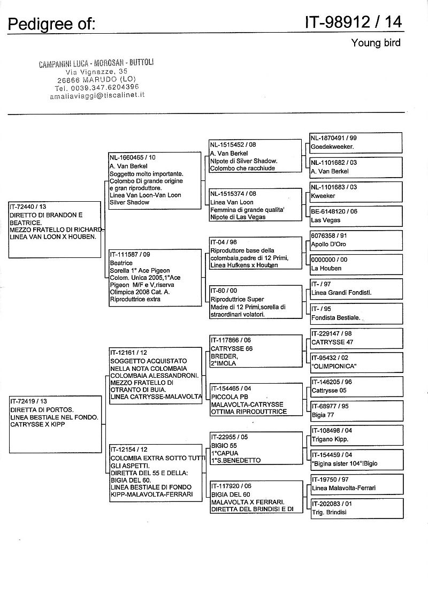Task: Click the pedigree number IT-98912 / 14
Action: pyautogui.click(x=353, y=22)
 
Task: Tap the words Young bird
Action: pyautogui.click(x=376, y=43)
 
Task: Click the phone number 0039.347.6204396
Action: pyautogui.click(x=105, y=87)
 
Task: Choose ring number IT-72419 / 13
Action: pyautogui.click(x=29, y=401)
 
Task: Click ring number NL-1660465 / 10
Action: pyautogui.click(x=133, y=158)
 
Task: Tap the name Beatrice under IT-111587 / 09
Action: pyautogui.click(x=121, y=263)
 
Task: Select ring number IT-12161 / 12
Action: pyautogui.click(x=129, y=353)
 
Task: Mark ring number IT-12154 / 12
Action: pyautogui.click(x=129, y=449)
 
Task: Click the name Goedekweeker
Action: pyautogui.click(x=334, y=146)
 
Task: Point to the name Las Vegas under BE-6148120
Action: pyautogui.click(x=326, y=220)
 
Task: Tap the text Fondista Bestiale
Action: pyautogui.click(x=336, y=318)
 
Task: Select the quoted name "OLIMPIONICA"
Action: pyautogui.click(x=334, y=366)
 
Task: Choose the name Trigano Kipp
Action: pyautogui.click(x=330, y=439)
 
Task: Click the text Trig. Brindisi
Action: pyautogui.click(x=329, y=512)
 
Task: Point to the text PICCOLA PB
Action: pyautogui.click(x=229, y=397)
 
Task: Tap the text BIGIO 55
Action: pyautogui.click(x=224, y=445)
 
